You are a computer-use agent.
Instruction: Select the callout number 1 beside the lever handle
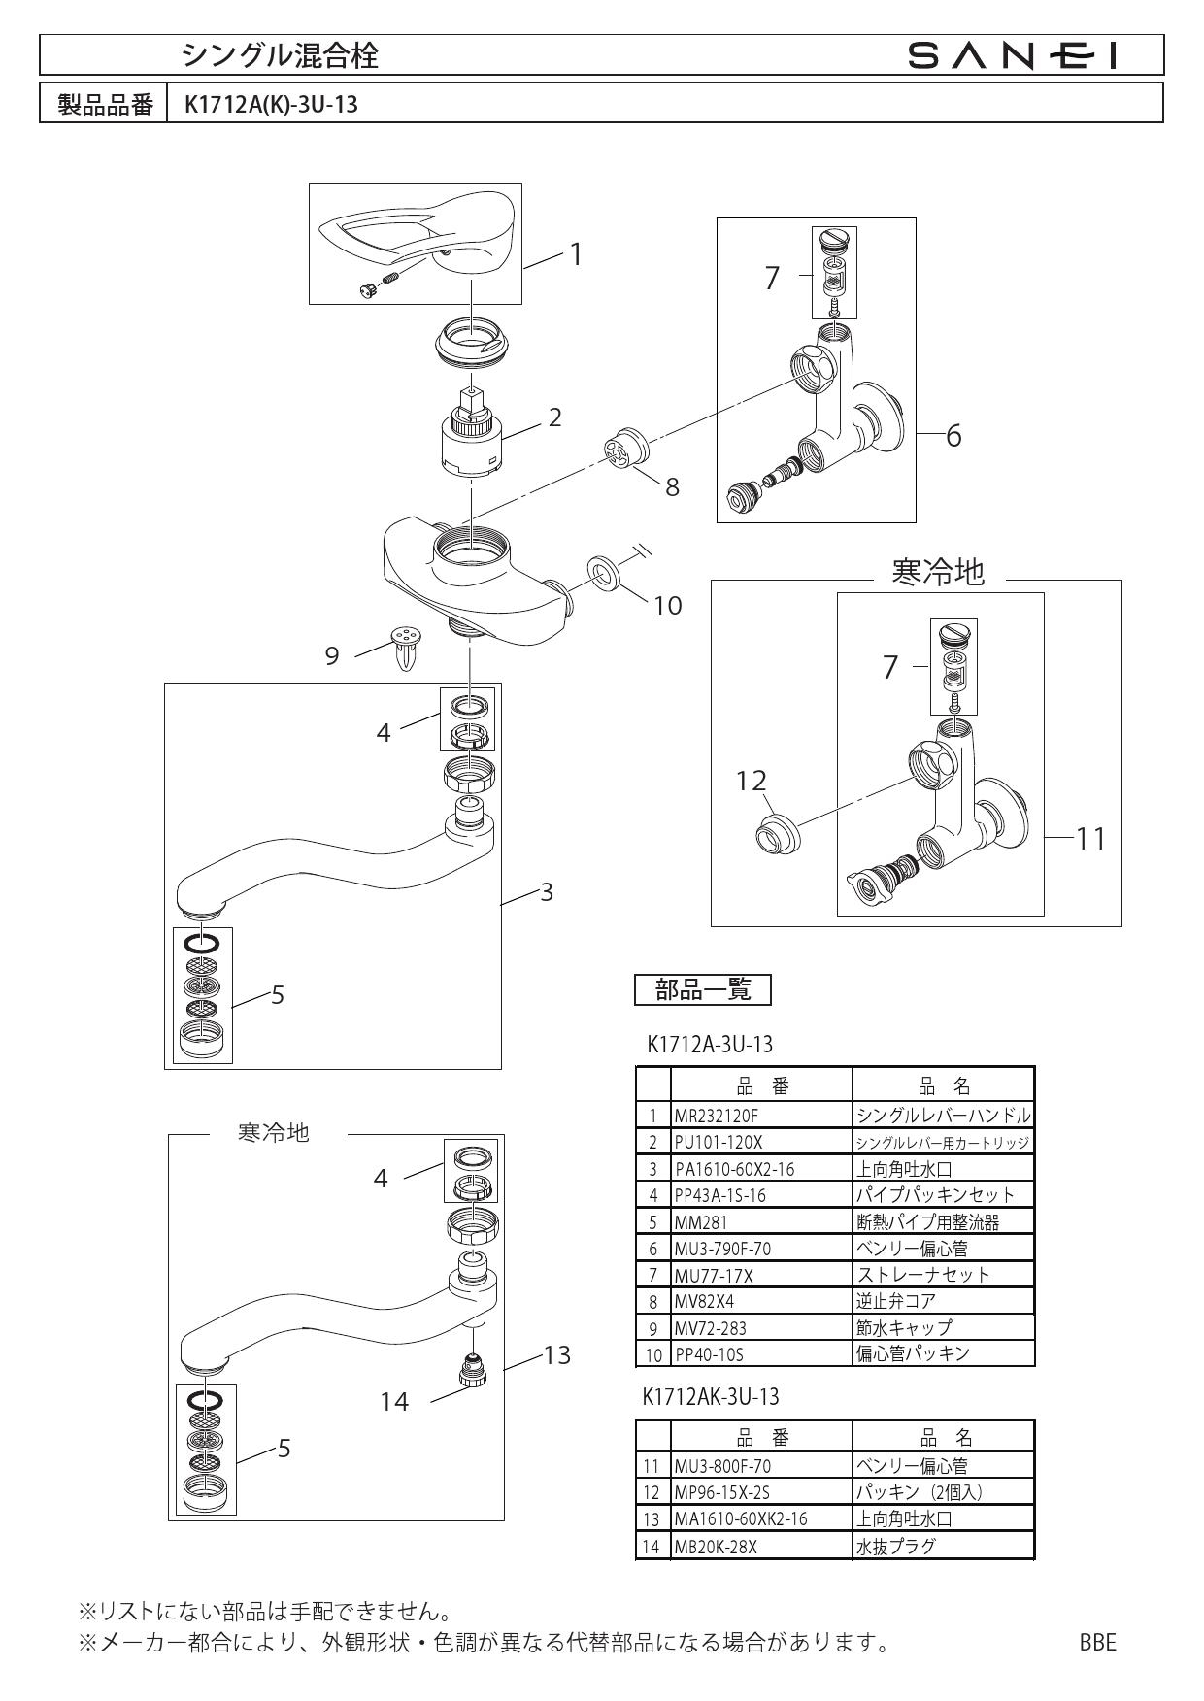point(575,254)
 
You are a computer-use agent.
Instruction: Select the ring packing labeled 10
point(604,572)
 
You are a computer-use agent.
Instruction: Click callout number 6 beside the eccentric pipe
point(953,436)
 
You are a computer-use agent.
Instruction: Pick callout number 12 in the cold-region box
point(752,781)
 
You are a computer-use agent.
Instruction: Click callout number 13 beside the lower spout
point(555,1354)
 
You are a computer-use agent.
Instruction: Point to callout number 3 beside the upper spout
point(546,891)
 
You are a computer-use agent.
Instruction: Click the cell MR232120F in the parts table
point(716,1117)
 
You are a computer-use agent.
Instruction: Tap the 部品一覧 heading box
point(702,990)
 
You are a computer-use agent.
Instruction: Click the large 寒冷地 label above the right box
point(937,573)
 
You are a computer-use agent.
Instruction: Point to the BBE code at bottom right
point(1097,1643)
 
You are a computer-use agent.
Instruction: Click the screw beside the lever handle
point(378,285)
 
